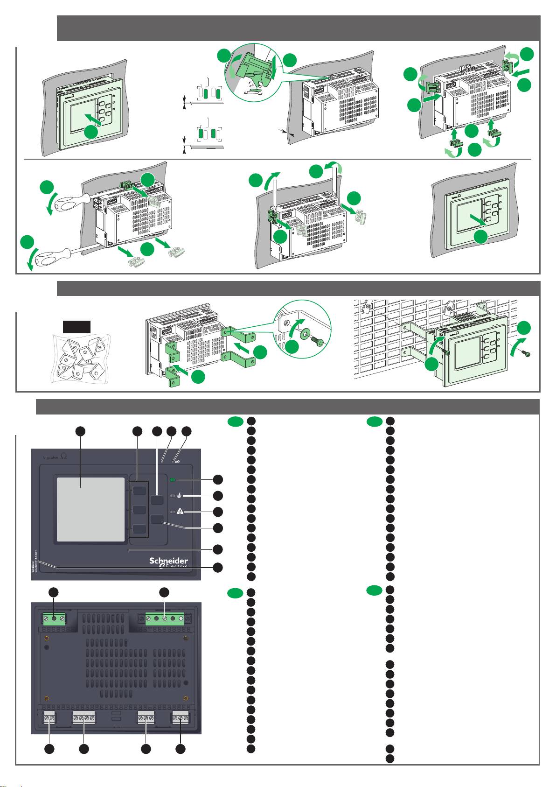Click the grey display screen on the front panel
tap(91, 509)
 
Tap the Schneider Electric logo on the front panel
tap(168, 562)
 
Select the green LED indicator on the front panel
tap(173, 480)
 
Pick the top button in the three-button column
tap(139, 490)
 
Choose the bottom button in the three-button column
tap(139, 529)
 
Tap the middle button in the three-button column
tap(139, 510)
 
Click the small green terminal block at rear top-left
tap(54, 619)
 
